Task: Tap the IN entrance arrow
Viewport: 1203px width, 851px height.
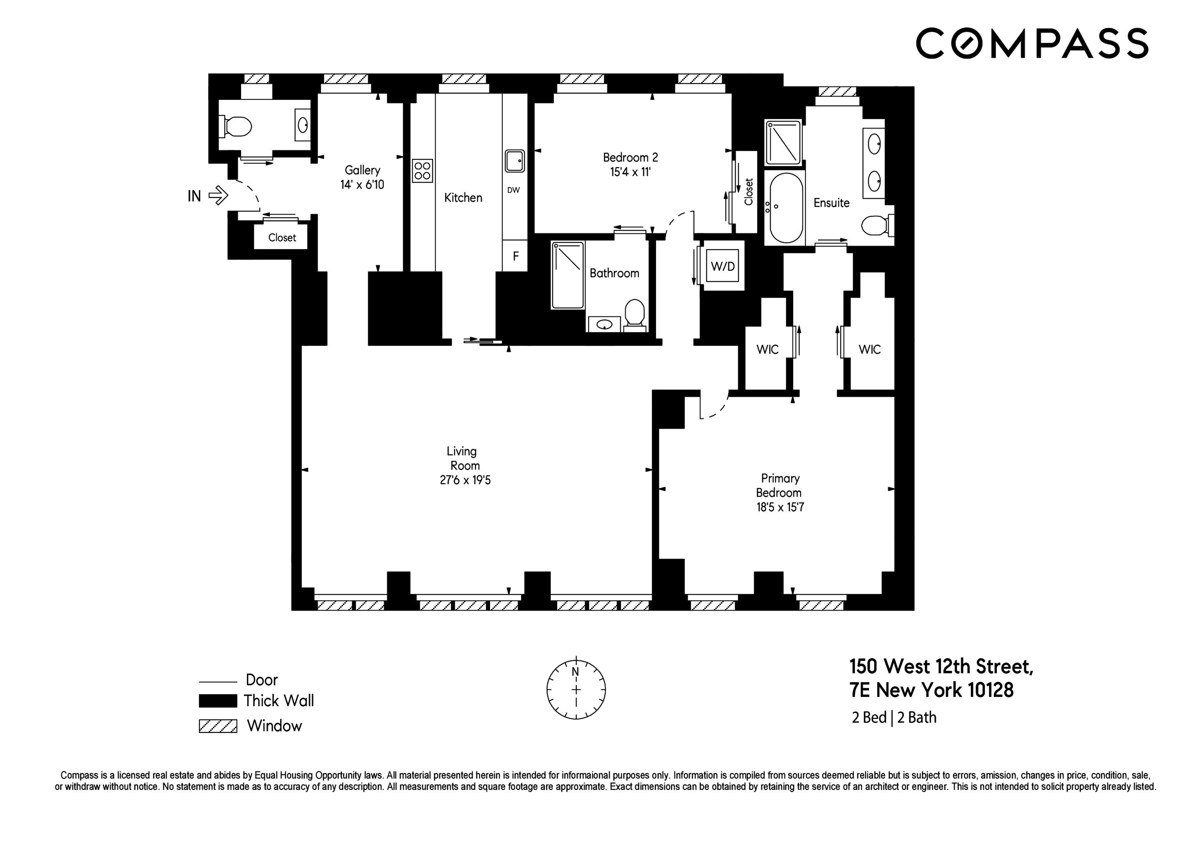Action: [219, 196]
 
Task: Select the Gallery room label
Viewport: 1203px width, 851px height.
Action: [362, 171]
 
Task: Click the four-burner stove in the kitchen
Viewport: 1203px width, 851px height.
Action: [422, 171]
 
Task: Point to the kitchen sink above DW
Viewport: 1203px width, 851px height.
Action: [514, 160]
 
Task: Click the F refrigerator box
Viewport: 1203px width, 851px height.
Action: [515, 256]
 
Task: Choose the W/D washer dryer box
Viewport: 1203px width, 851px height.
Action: [723, 266]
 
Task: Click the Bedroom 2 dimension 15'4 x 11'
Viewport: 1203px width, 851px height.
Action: [630, 172]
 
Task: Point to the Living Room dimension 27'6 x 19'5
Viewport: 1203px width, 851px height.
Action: [465, 480]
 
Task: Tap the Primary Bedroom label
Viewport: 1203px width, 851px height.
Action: [779, 485]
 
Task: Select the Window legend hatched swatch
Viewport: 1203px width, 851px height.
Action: [218, 726]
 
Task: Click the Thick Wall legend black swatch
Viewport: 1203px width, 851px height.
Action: [218, 701]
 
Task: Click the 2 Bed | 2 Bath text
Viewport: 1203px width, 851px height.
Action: [894, 717]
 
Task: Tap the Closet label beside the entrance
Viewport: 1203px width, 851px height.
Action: [282, 238]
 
